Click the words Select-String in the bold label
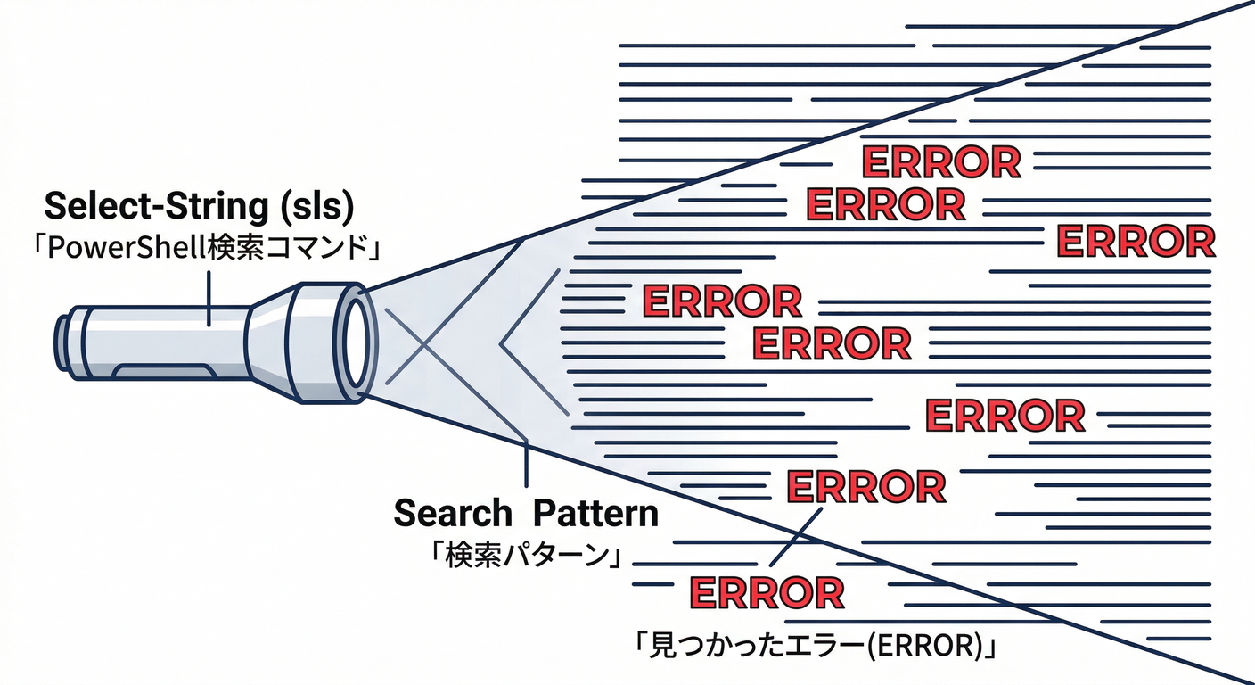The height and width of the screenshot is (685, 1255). tap(152, 207)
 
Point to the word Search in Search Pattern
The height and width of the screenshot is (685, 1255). tap(453, 513)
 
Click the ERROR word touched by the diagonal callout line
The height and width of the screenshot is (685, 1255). tap(865, 487)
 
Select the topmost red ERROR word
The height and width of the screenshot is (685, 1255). tap(940, 162)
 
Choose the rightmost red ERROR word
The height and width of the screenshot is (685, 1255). tap(1136, 241)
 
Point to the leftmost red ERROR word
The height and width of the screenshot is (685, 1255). tap(721, 301)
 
